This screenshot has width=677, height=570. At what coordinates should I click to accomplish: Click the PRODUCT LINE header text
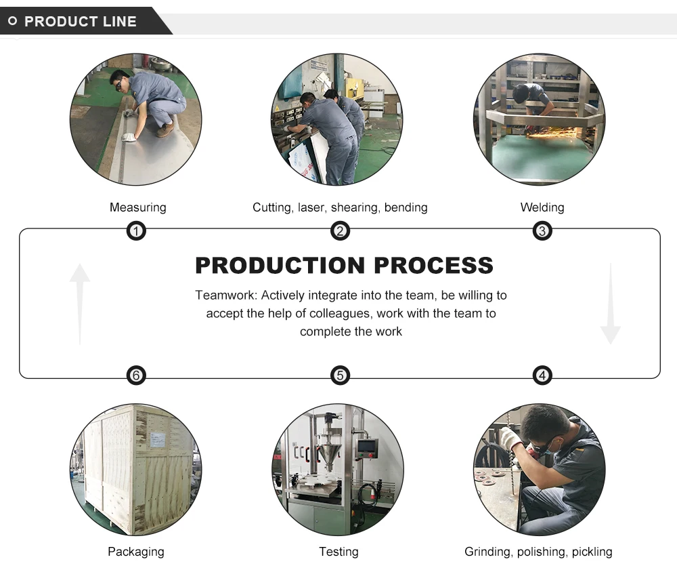pyautogui.click(x=80, y=22)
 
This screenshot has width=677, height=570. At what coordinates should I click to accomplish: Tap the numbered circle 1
pyautogui.click(x=136, y=232)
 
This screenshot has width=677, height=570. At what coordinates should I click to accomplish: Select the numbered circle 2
pyautogui.click(x=340, y=232)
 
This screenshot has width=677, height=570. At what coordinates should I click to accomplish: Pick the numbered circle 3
pyautogui.click(x=542, y=232)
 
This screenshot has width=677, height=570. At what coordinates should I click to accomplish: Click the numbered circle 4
pyautogui.click(x=542, y=375)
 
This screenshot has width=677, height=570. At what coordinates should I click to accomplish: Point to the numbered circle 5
pyautogui.click(x=340, y=375)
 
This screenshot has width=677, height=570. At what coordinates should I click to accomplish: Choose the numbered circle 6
pyautogui.click(x=136, y=375)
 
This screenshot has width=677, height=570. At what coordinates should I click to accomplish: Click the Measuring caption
pyautogui.click(x=137, y=207)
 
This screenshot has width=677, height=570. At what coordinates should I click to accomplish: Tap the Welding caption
pyautogui.click(x=542, y=207)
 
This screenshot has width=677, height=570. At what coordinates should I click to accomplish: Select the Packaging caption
pyautogui.click(x=135, y=552)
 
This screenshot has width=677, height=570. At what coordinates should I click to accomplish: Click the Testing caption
pyautogui.click(x=338, y=552)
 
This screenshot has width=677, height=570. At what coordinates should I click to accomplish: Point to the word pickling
pyautogui.click(x=591, y=552)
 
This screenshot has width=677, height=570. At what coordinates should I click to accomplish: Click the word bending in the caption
pyautogui.click(x=406, y=207)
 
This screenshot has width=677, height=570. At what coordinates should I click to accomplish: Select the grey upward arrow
pyautogui.click(x=80, y=302)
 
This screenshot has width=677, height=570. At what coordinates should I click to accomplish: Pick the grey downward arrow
pyautogui.click(x=610, y=305)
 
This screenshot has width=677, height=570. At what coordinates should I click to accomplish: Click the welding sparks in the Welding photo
pyautogui.click(x=550, y=133)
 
